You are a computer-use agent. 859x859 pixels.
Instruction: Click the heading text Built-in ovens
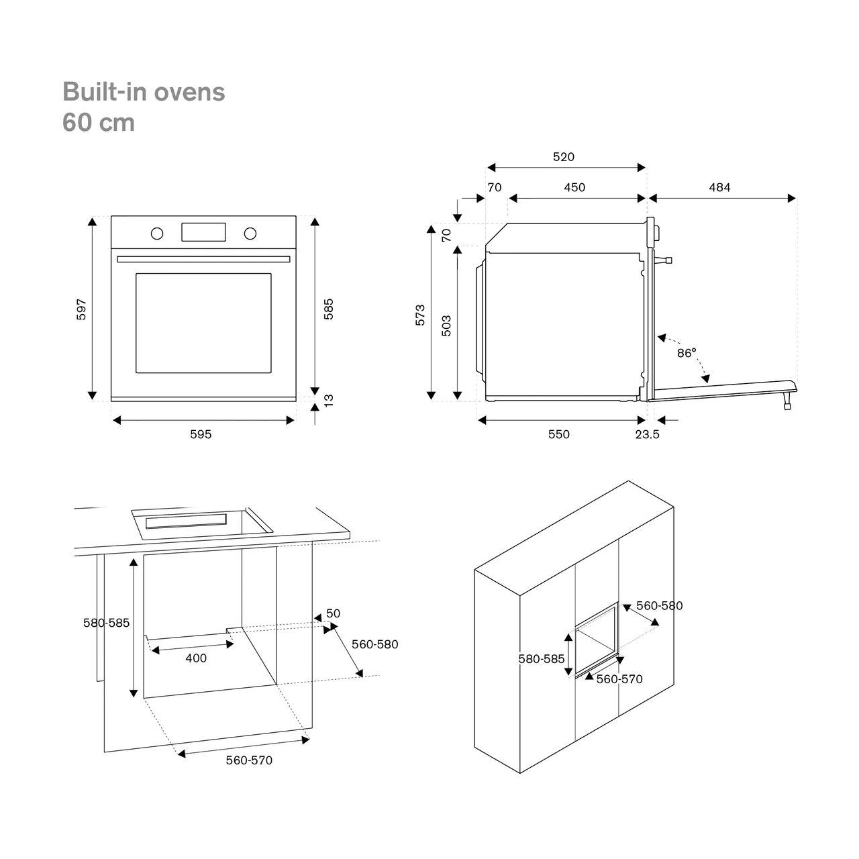(x=144, y=92)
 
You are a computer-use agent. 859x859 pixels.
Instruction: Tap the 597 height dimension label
(x=81, y=309)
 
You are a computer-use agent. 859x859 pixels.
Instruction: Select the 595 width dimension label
(x=201, y=434)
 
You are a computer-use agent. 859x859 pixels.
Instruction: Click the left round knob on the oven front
(x=157, y=234)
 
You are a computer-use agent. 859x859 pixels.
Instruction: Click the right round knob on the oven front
(x=250, y=234)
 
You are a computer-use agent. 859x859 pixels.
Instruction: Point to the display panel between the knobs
(x=203, y=232)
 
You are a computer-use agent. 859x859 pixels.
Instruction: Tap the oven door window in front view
(x=203, y=323)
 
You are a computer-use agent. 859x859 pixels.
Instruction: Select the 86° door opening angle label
(x=687, y=352)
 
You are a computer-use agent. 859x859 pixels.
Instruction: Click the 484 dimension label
(x=719, y=188)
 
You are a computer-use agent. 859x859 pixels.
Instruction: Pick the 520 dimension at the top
(x=564, y=157)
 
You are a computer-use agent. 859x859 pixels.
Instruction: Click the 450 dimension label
(x=574, y=188)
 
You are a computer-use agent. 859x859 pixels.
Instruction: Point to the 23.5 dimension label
(x=648, y=434)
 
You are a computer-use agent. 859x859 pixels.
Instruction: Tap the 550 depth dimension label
(x=558, y=434)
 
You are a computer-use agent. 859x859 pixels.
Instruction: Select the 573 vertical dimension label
(x=421, y=315)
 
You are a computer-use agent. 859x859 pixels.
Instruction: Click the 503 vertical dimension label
(x=446, y=325)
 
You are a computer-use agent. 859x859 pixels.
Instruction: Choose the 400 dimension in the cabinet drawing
(x=196, y=658)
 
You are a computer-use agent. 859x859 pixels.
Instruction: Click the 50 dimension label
(x=334, y=613)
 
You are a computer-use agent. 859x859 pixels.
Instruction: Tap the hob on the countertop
(x=201, y=522)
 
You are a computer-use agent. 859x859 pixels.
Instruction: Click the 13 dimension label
(x=329, y=400)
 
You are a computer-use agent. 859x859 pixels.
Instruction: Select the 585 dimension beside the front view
(x=329, y=309)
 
